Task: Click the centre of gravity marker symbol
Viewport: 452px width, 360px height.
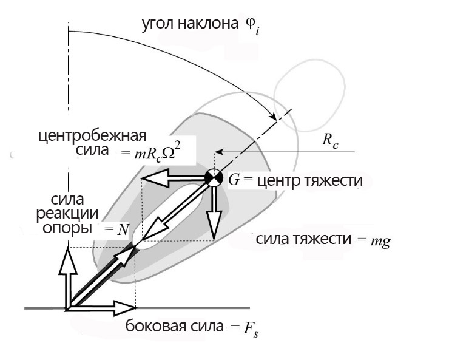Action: (214, 177)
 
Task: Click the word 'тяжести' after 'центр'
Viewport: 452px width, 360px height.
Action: (333, 180)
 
